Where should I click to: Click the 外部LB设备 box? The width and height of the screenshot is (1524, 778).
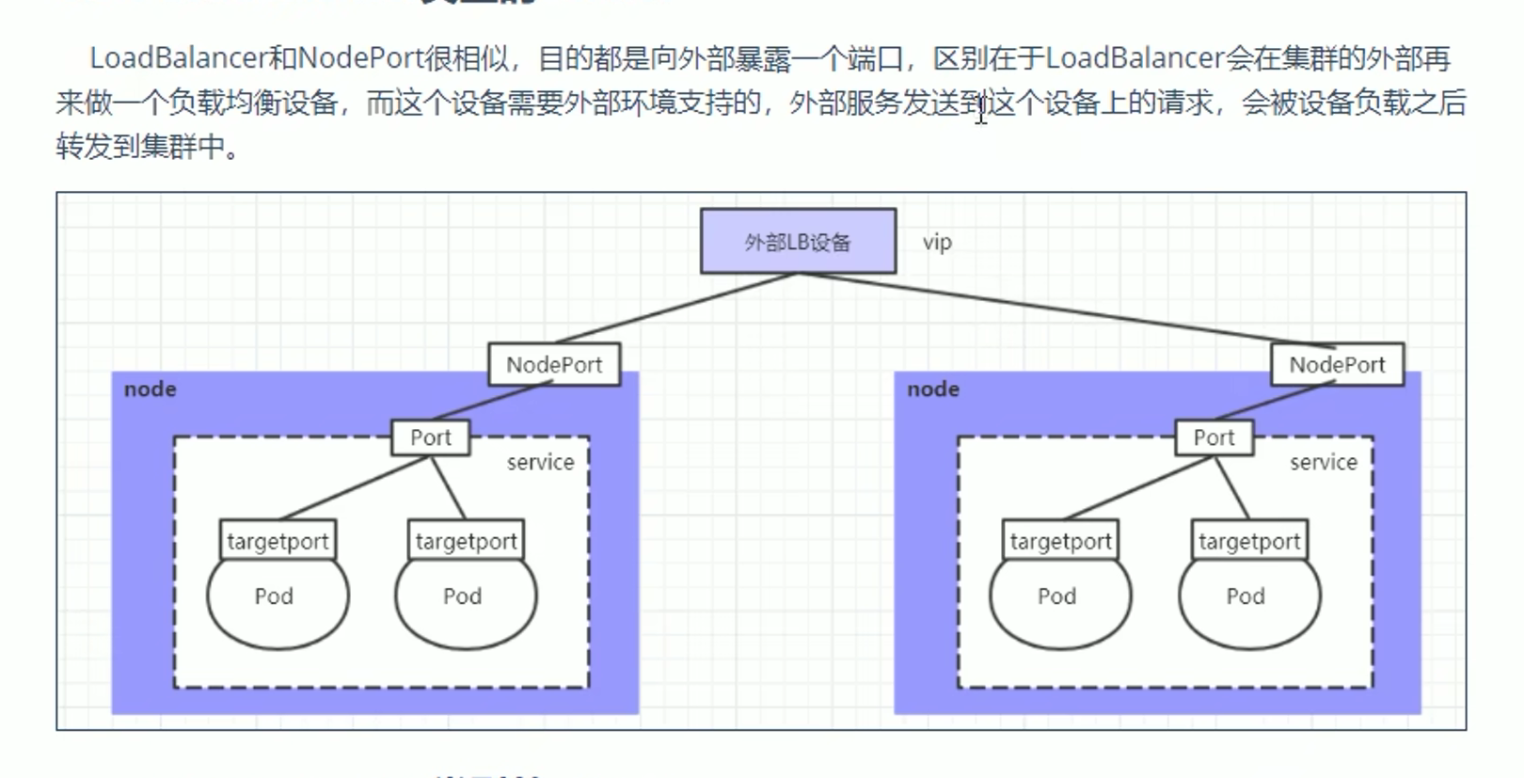[x=798, y=242]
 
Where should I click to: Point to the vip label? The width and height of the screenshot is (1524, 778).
[x=937, y=242]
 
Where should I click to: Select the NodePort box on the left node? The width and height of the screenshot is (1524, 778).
[x=554, y=364]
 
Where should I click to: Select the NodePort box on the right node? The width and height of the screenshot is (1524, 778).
[x=1337, y=364]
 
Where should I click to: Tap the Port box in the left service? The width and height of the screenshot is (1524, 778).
[x=430, y=437]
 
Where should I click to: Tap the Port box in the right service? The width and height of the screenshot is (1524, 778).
[x=1214, y=437]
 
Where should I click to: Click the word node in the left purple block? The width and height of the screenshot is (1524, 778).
[x=151, y=389]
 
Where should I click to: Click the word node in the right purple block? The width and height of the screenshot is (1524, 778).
[x=933, y=389]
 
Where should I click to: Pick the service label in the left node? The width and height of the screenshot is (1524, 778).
[x=540, y=462]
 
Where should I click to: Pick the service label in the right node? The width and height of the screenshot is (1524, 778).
[x=1324, y=462]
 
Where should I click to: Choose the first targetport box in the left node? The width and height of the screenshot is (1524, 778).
[x=278, y=541]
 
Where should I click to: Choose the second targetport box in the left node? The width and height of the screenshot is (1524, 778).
[x=467, y=541]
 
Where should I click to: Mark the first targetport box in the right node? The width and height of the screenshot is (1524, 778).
[x=1060, y=541]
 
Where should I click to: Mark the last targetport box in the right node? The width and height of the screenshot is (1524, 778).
[x=1249, y=541]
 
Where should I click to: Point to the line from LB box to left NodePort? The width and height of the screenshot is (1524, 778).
[x=675, y=308]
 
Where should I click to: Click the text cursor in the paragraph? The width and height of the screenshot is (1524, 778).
[x=981, y=110]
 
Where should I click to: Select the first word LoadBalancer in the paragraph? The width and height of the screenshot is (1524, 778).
[x=179, y=58]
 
